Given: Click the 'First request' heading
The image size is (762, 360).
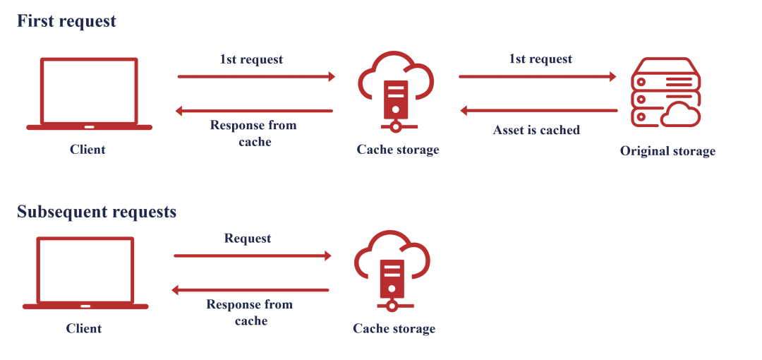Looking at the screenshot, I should (66, 21).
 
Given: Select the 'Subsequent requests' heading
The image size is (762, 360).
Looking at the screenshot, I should (97, 212).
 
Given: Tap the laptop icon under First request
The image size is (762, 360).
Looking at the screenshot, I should (89, 95).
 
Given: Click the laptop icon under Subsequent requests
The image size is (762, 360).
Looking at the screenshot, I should (85, 274).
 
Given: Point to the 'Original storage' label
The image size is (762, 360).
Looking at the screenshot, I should (667, 151).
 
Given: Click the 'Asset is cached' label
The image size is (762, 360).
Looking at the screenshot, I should (536, 130).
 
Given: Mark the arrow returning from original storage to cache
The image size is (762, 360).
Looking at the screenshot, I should (539, 110).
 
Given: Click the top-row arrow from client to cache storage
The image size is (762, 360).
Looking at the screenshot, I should (256, 76).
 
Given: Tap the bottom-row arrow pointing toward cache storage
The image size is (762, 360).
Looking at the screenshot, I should (253, 256).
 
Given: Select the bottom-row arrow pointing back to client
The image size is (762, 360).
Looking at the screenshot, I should (250, 289).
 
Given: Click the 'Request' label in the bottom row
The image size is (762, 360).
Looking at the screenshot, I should (248, 239).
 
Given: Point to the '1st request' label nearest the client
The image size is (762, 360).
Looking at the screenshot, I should (251, 59).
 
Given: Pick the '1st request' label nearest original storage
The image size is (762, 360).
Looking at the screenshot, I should (540, 59).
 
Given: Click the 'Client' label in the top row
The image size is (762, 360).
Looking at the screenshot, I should (87, 150).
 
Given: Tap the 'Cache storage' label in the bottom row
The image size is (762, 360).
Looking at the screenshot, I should (394, 329).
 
